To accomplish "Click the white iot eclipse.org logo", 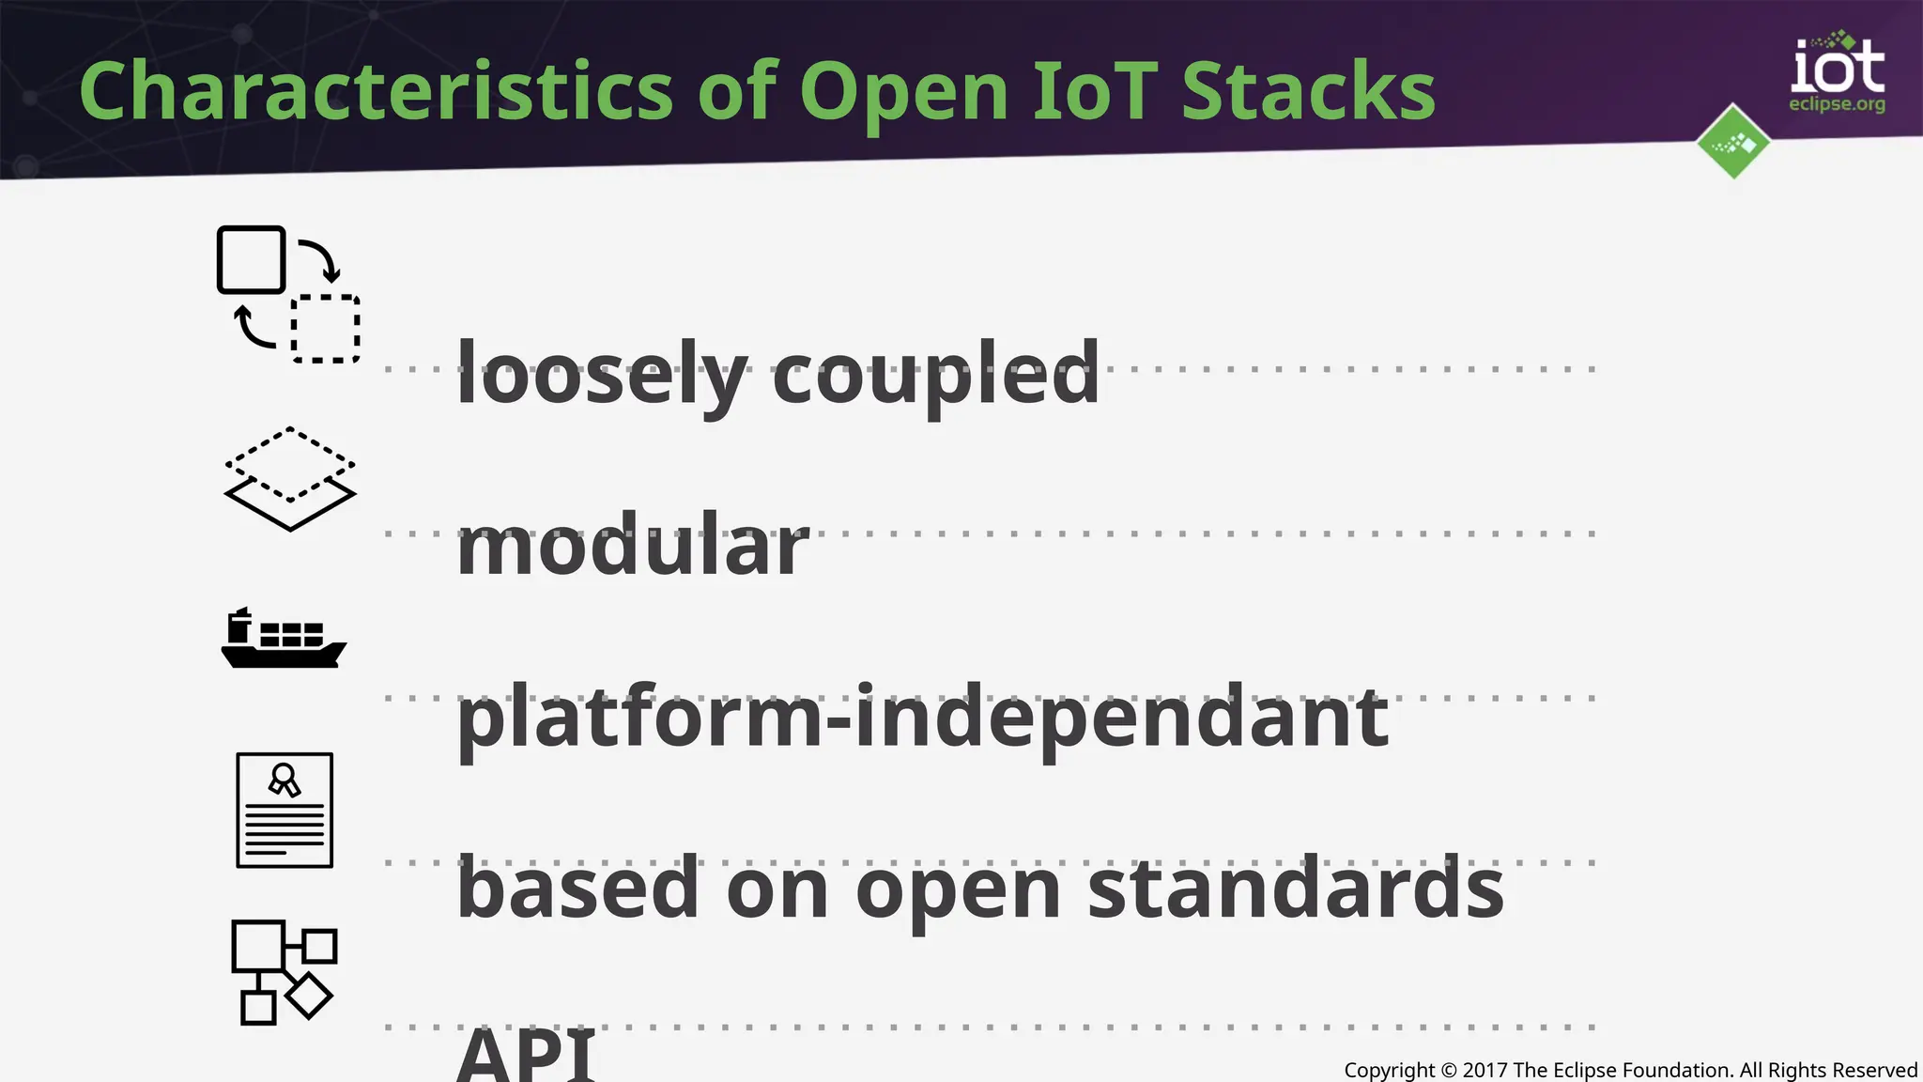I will (1837, 75).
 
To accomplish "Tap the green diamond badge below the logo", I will (1733, 142).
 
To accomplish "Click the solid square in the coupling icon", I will (251, 260).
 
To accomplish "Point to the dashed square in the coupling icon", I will (325, 329).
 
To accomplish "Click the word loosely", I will (602, 375).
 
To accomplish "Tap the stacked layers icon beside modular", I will (290, 479).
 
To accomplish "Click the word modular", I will (632, 546).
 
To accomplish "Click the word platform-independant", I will (922, 718).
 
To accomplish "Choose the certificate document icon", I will (285, 810).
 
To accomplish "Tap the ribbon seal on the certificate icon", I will (284, 780).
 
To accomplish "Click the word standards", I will (1296, 889).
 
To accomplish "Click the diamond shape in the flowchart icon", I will (308, 996).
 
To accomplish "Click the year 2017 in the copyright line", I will (1485, 1070).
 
